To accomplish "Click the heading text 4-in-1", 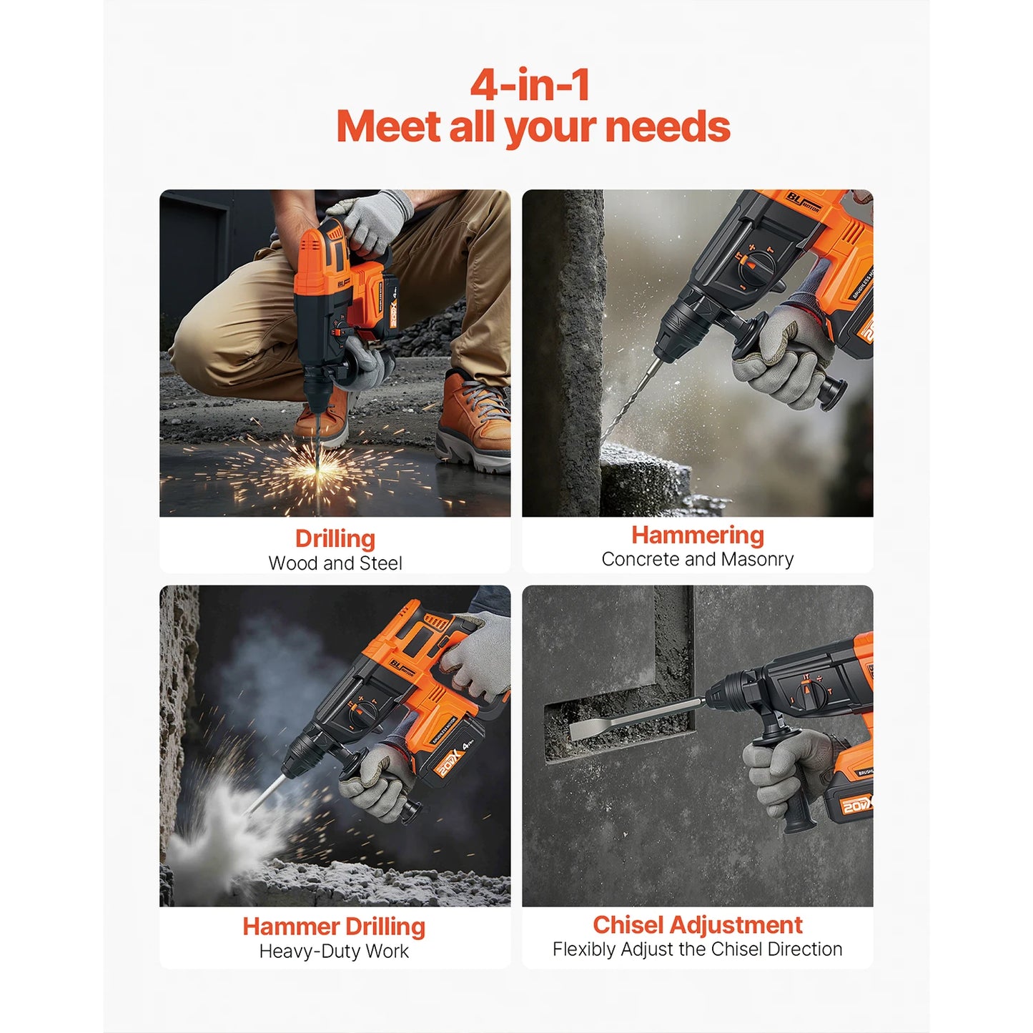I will click(530, 85).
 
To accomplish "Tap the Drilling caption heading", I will click(335, 538).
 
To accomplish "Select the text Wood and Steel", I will click(335, 563).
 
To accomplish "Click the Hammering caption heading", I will click(697, 535).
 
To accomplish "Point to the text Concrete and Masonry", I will click(697, 559).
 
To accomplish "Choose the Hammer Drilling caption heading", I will click(334, 926).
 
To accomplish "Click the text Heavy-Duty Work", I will click(334, 952).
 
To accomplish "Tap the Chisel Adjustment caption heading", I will click(697, 925).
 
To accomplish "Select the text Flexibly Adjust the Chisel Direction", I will click(697, 949).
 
